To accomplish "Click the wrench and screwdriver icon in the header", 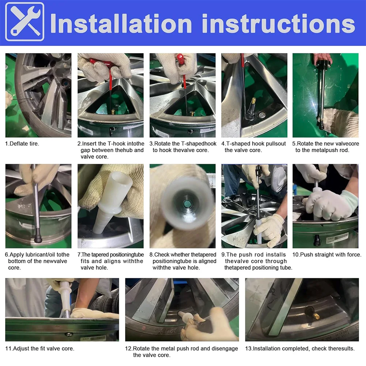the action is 24,22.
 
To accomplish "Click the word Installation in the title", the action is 121,23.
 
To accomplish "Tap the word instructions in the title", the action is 279,23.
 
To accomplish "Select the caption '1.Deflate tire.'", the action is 22,144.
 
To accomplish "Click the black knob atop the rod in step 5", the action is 323,62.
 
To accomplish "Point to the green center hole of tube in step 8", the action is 187,204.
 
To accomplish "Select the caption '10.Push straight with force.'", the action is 327,254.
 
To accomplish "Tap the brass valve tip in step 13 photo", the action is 316,316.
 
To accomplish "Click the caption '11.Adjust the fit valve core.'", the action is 40,348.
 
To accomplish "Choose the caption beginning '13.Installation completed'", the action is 300,348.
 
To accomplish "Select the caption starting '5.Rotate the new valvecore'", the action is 325,147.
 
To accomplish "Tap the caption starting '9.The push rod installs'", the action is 257,261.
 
